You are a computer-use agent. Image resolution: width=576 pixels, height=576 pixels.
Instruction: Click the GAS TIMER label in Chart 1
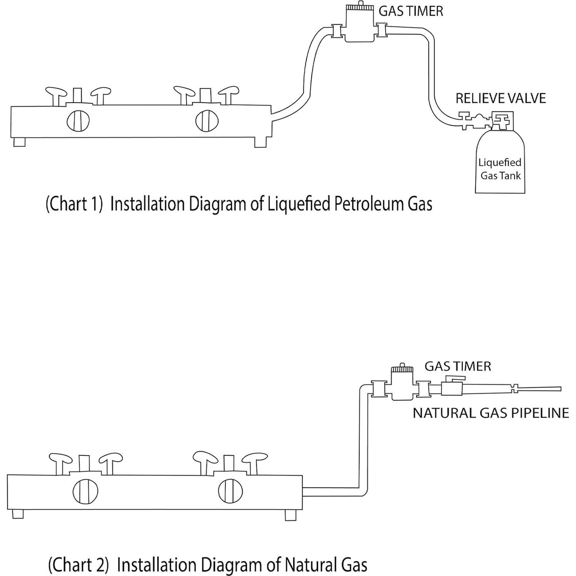pyautogui.click(x=410, y=11)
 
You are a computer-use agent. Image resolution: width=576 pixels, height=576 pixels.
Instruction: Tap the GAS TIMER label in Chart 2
pyautogui.click(x=457, y=366)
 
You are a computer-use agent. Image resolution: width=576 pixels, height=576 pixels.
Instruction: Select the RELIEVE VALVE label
pyautogui.click(x=500, y=98)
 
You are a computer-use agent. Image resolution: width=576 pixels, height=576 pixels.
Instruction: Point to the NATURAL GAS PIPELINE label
pyautogui.click(x=491, y=413)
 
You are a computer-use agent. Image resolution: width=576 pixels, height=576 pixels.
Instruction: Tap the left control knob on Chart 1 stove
pyautogui.click(x=78, y=121)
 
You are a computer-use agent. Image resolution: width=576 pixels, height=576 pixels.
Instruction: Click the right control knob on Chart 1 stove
pyautogui.click(x=207, y=121)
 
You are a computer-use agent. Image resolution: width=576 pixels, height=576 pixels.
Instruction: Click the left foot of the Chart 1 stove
pyautogui.click(x=19, y=142)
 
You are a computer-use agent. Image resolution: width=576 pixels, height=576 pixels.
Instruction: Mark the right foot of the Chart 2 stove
pyautogui.click(x=290, y=515)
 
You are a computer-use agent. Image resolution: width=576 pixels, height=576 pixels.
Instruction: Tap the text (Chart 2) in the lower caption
pyautogui.click(x=78, y=565)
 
